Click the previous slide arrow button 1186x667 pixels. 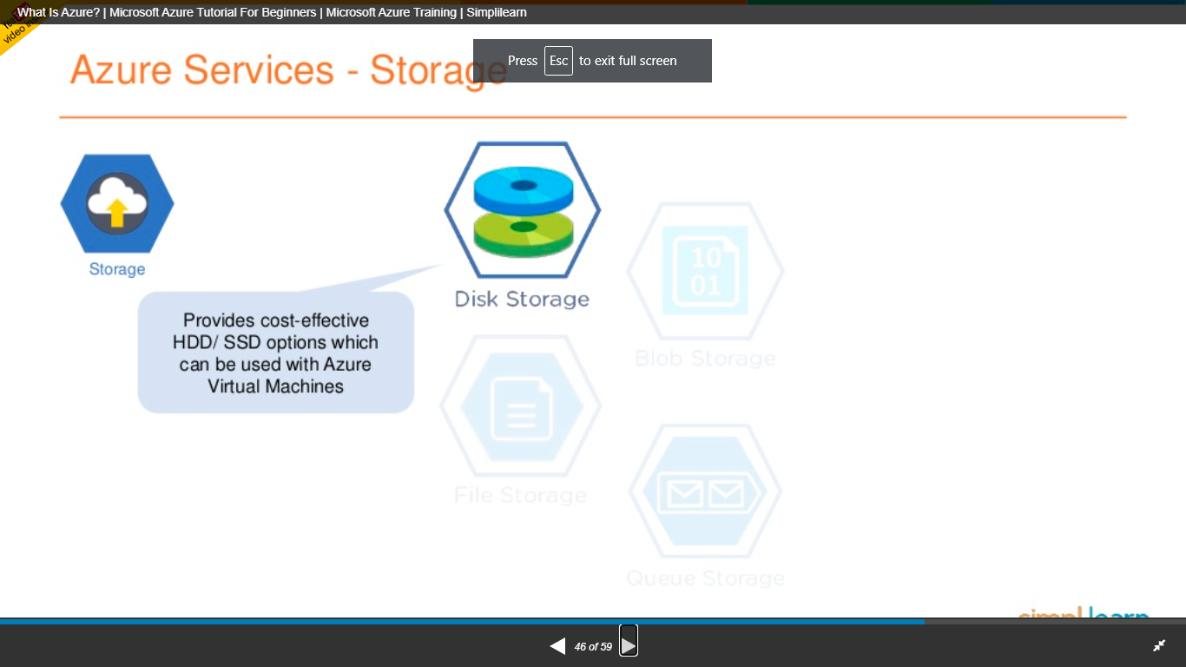tap(557, 646)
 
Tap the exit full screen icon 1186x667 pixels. tap(1159, 645)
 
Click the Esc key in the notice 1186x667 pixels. tap(558, 61)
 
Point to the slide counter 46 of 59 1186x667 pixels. tap(593, 647)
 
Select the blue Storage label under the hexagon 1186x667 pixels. tap(117, 269)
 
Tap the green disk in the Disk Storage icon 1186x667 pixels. tap(523, 232)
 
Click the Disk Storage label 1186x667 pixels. tap(522, 300)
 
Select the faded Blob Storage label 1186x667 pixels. tap(705, 359)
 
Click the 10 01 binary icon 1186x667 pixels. tap(706, 270)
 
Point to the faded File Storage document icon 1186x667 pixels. tap(521, 407)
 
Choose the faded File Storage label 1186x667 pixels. tap(521, 496)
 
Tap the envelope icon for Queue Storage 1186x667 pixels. tap(705, 494)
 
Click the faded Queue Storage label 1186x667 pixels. tap(705, 578)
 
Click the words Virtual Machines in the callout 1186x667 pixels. tap(276, 386)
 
